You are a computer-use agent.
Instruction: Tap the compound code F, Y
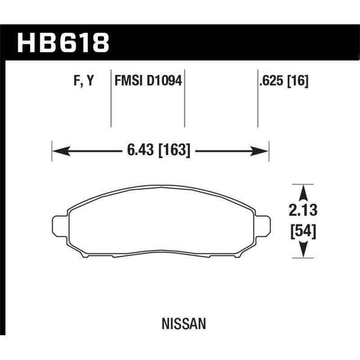click(x=83, y=81)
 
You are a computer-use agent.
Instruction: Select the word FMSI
click(x=127, y=81)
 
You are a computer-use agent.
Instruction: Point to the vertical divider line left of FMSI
click(x=111, y=99)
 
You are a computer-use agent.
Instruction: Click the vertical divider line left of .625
click(x=257, y=99)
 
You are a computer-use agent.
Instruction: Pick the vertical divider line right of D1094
click(x=184, y=99)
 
